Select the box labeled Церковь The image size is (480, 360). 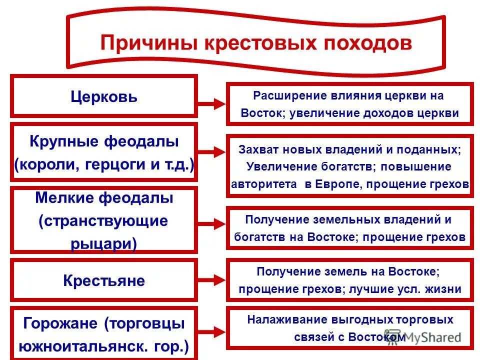coord(104,96)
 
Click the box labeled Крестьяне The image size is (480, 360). coord(104,280)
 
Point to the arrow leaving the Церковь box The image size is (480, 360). coord(212,104)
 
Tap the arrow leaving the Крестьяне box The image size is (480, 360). coord(212,278)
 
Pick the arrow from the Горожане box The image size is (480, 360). coord(212,330)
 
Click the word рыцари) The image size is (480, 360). coord(104,242)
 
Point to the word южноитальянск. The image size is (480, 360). coord(86,346)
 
